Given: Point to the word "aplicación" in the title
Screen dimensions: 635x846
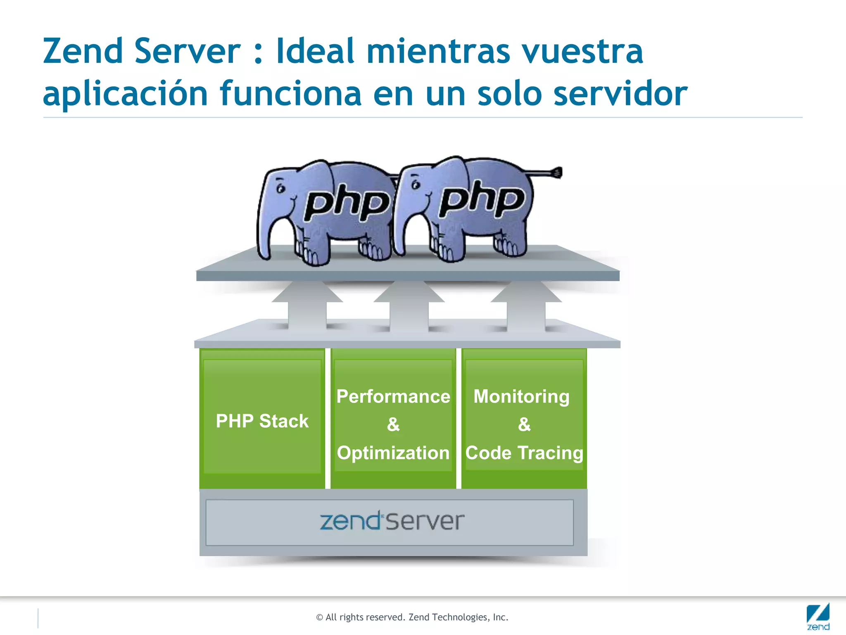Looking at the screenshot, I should click(125, 94).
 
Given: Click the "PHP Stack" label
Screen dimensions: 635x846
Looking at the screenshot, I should click(262, 421).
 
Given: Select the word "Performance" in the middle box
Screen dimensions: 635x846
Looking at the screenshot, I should click(393, 396).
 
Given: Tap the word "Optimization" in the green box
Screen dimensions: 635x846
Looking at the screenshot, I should click(393, 453).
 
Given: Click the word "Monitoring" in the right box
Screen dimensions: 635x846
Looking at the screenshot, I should click(521, 396).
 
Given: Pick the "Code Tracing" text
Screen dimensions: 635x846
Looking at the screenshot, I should click(524, 453).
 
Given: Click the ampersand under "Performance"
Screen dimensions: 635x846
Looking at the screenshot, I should click(393, 425).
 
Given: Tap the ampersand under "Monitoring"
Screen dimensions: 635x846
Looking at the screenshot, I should click(524, 425).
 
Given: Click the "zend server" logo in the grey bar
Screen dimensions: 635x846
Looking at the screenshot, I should click(392, 521).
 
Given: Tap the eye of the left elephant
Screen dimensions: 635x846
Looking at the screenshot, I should click(281, 189).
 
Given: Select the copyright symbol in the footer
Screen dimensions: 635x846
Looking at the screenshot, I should click(319, 618).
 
